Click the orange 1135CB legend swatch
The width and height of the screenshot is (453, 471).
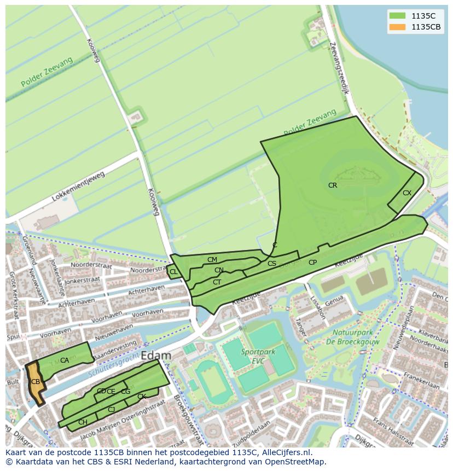[398, 27]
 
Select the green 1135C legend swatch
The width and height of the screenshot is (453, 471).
[398, 15]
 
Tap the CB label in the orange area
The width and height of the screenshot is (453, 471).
[35, 382]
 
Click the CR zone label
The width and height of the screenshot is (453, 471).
[333, 185]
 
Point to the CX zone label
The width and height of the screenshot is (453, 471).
[407, 193]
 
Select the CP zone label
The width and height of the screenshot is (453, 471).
[312, 263]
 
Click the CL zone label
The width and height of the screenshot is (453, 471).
[173, 272]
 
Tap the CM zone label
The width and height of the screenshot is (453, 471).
[212, 260]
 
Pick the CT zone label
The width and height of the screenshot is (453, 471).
[217, 282]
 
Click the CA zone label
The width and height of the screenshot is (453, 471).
[65, 360]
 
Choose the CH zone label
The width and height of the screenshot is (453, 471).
[83, 422]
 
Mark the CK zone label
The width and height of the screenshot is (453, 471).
[142, 397]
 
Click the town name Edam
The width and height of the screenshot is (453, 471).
[156, 356]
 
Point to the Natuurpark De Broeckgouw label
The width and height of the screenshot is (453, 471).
[353, 337]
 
